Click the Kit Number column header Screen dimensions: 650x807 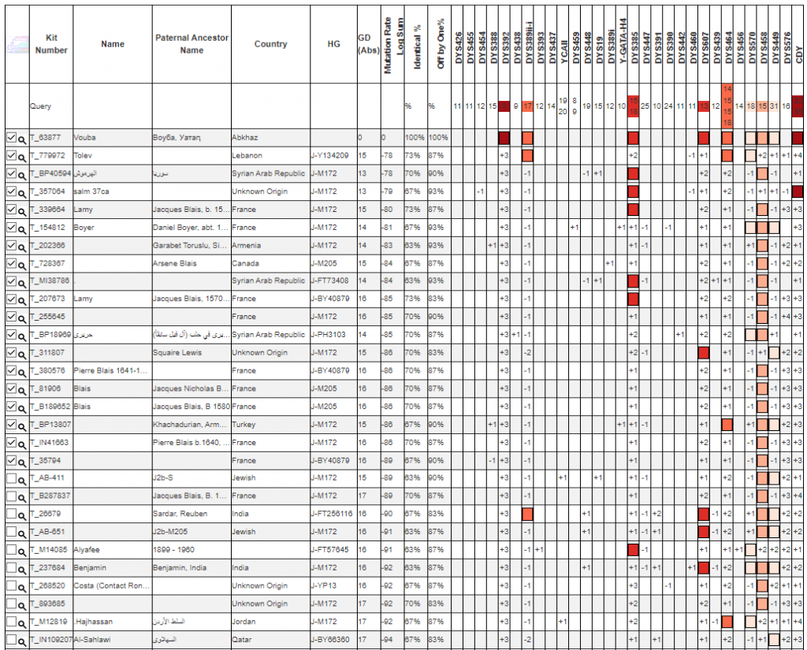coord(51,44)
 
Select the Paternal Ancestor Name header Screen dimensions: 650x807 coord(192,44)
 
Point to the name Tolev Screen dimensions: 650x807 coord(84,156)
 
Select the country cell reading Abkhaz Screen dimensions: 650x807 coord(245,138)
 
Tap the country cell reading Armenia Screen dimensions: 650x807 coord(247,245)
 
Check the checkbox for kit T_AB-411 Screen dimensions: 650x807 coord(11,477)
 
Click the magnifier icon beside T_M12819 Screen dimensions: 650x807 coord(22,622)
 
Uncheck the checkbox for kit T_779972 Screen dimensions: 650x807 coord(11,155)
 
